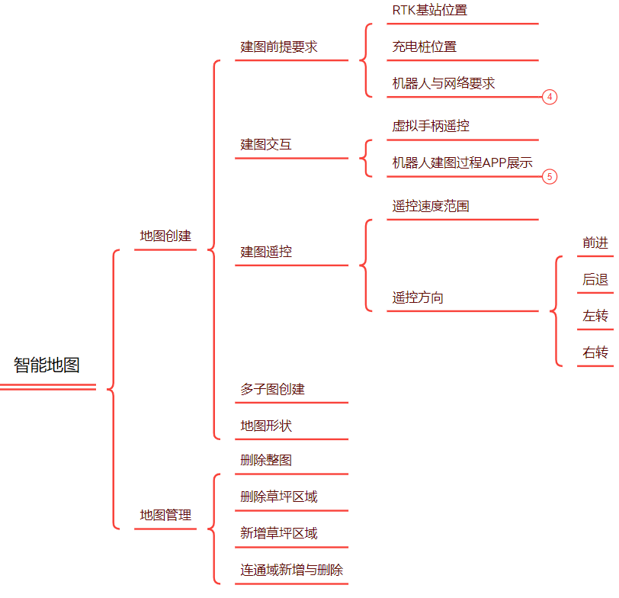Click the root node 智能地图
(x=47, y=365)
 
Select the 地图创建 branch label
(x=165, y=236)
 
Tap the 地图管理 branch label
(x=165, y=515)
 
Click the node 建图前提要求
(x=279, y=47)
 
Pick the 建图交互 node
(x=266, y=144)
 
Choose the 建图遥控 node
(x=266, y=252)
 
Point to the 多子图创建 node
(x=272, y=389)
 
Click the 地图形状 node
(x=266, y=426)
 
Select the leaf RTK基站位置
(x=429, y=11)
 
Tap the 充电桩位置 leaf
(x=425, y=47)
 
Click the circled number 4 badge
(x=550, y=97)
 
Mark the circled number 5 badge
(x=550, y=176)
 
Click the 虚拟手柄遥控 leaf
(x=436, y=126)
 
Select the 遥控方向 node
(x=418, y=297)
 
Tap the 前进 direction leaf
(x=595, y=243)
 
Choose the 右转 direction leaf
(x=595, y=352)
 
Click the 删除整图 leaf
(x=266, y=460)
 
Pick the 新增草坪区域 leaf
(x=279, y=533)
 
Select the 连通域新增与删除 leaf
(x=291, y=570)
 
